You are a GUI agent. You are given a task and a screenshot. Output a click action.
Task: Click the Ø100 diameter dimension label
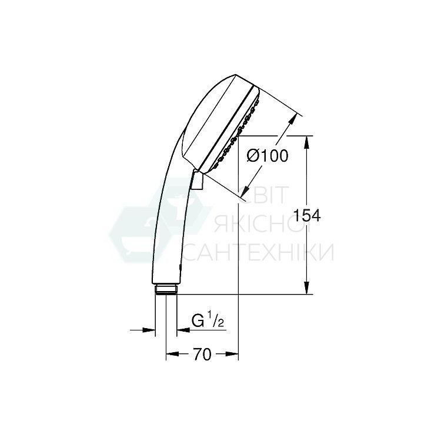[x=268, y=156]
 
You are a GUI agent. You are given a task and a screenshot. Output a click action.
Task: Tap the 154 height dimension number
[x=308, y=216]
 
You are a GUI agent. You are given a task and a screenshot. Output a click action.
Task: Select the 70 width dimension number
[x=201, y=354]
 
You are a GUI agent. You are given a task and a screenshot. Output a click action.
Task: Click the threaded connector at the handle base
[x=166, y=289]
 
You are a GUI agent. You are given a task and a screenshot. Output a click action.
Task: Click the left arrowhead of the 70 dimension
[x=171, y=354]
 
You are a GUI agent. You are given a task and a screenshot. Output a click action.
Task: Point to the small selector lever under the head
[x=198, y=180]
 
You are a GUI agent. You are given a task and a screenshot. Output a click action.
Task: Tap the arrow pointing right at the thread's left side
[x=149, y=330]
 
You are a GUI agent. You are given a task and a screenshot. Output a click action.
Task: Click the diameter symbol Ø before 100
[x=252, y=156]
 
